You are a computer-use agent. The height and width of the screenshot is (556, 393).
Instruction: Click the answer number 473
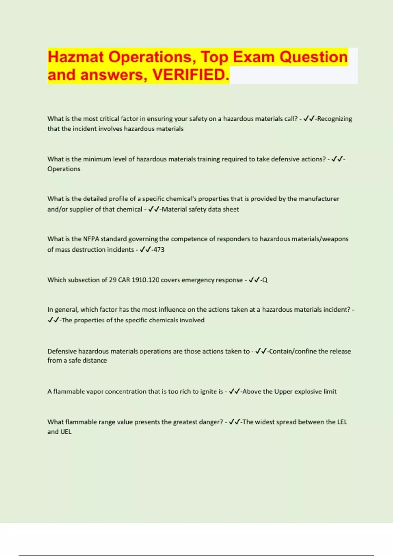pyautogui.click(x=159, y=250)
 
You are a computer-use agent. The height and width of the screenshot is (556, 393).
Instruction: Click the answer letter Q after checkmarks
pyautogui.click(x=265, y=280)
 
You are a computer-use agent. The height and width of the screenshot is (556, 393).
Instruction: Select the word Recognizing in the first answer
pyautogui.click(x=334, y=119)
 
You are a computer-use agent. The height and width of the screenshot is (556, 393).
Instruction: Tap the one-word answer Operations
pyautogui.click(x=64, y=169)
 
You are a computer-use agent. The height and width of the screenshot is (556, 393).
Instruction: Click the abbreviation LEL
pyautogui.click(x=342, y=422)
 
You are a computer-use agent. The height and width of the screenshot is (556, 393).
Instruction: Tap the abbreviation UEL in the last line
pyautogui.click(x=66, y=432)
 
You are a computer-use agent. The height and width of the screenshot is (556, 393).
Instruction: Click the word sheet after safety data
pyautogui.click(x=231, y=209)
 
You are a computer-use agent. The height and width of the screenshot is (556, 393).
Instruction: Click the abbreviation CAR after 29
pyautogui.click(x=124, y=280)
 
